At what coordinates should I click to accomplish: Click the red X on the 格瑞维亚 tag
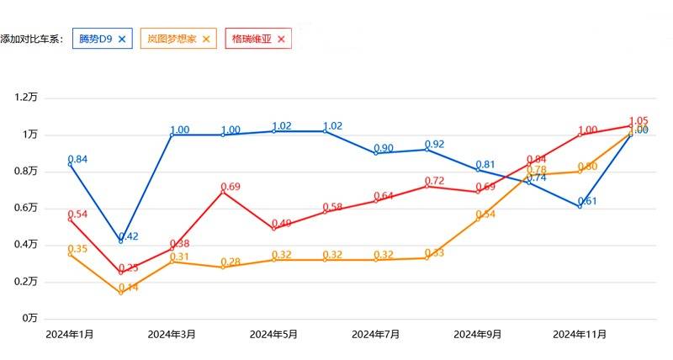pos(281,39)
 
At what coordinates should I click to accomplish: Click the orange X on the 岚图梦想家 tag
pos(206,39)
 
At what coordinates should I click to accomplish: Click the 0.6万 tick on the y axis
pos(26,208)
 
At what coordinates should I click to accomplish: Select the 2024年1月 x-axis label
pos(69,334)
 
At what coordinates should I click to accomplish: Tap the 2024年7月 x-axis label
pos(375,334)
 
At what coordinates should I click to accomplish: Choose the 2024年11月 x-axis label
pos(580,334)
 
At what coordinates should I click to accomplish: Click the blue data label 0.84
pos(77,159)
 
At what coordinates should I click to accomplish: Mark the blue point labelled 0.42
pos(120,241)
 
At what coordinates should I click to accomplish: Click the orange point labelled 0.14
pos(120,293)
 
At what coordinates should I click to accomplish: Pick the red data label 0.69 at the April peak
pos(231,186)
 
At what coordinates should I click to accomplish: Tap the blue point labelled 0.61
pos(580,206)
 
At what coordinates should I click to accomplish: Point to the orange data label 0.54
pos(486,214)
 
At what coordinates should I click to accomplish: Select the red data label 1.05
pos(639,121)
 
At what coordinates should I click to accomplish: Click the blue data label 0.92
pos(434,144)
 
